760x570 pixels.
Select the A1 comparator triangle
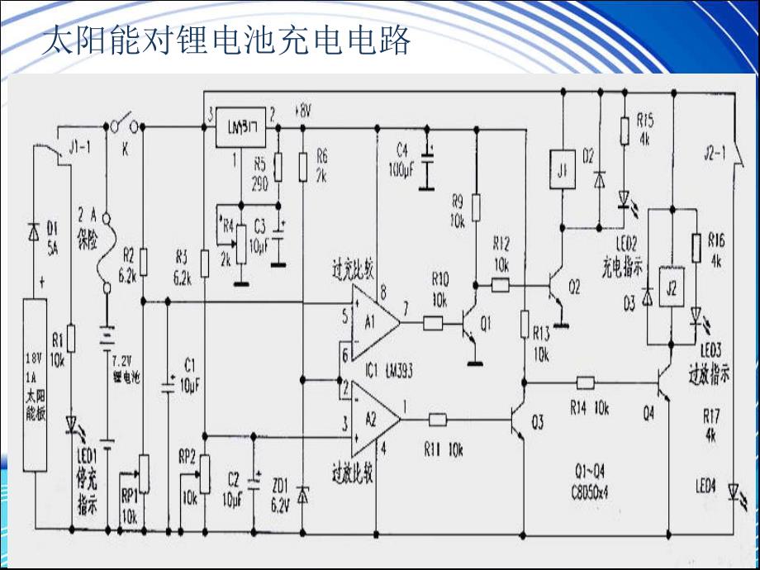(373, 319)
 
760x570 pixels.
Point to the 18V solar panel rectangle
(34, 385)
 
